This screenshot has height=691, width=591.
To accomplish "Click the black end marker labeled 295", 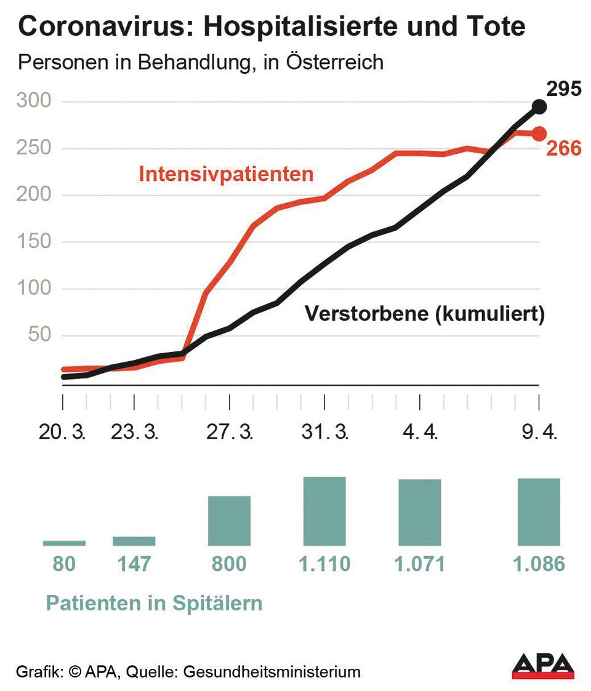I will [x=539, y=106].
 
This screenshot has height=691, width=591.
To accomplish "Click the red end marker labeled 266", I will [x=539, y=133].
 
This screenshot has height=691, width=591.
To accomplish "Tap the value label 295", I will [x=564, y=89].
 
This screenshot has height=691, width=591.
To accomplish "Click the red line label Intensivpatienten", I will [x=226, y=174].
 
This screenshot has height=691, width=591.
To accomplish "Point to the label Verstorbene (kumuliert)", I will [x=425, y=314].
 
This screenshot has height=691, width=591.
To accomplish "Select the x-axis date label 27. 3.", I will [x=230, y=432].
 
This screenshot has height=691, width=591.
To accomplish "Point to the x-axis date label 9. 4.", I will [x=539, y=432].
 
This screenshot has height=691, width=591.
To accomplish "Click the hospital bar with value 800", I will [x=230, y=521].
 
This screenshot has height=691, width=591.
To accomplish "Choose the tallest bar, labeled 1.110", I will [x=324, y=511].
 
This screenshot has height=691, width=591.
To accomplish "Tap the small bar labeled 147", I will [x=134, y=541].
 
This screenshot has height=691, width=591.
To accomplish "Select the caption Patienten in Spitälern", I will [x=155, y=603].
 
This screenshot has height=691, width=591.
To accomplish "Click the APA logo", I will [x=543, y=666].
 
